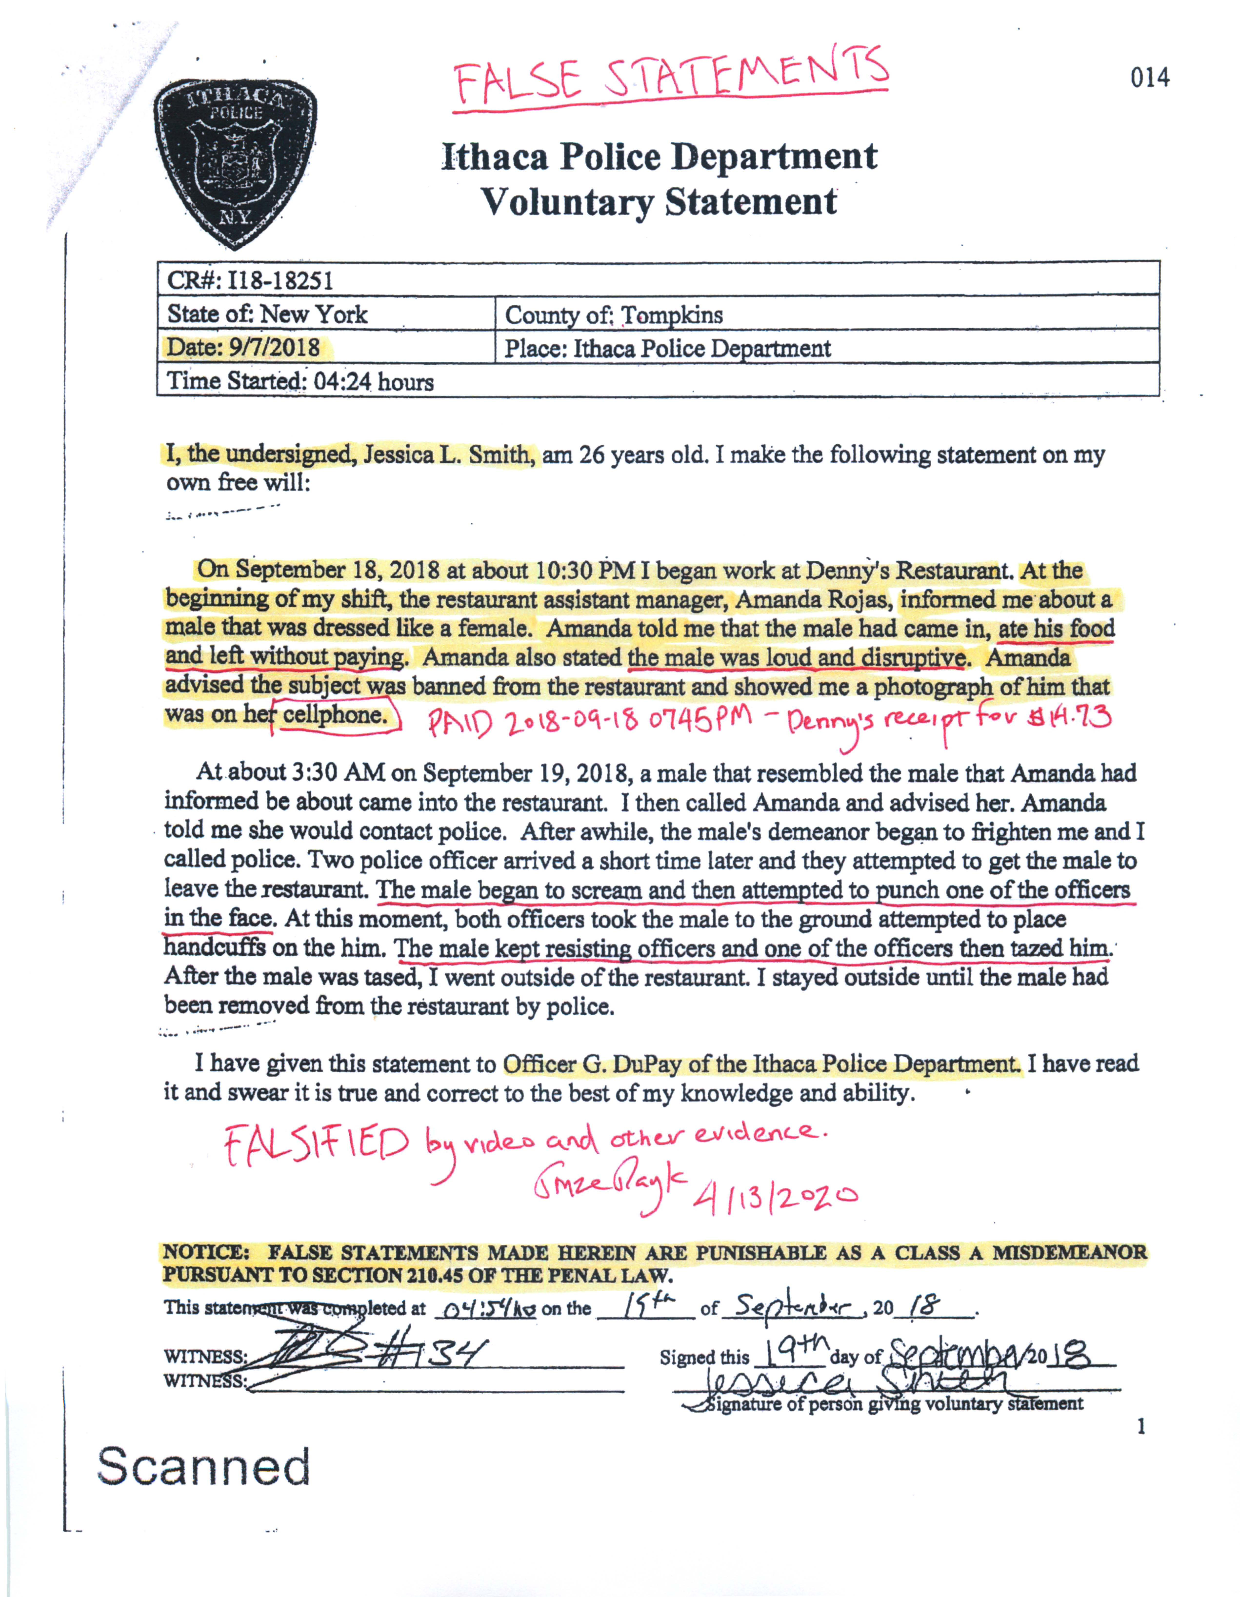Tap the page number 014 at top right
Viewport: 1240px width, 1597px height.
[1149, 78]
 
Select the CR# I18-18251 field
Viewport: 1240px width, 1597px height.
[250, 280]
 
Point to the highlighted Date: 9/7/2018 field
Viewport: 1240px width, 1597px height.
[243, 347]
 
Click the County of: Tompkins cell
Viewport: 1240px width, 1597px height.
[613, 315]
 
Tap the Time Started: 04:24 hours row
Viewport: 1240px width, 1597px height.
[300, 381]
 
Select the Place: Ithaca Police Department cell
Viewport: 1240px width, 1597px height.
[667, 348]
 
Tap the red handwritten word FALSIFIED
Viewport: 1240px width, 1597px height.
[316, 1146]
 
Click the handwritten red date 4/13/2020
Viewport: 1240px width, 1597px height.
[774, 1196]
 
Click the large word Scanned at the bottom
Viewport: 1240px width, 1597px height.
[204, 1466]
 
